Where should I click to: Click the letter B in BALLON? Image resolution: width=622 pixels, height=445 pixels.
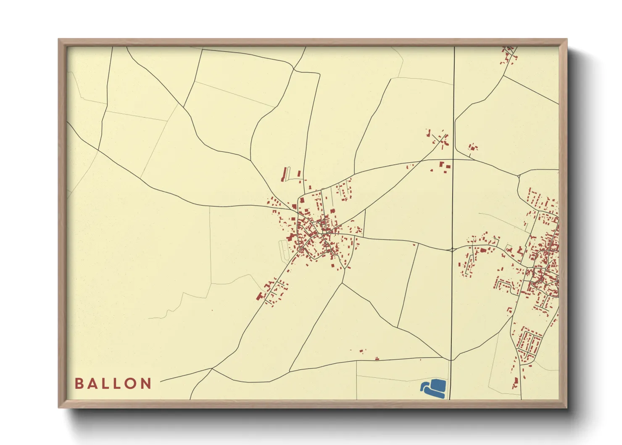point(79,383)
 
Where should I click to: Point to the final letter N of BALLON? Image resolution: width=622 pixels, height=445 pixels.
point(146,383)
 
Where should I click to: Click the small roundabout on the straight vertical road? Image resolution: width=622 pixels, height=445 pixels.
point(452,250)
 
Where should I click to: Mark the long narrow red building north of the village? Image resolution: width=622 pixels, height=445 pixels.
point(285,174)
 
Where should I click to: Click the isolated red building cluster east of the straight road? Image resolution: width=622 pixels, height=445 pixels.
point(473,147)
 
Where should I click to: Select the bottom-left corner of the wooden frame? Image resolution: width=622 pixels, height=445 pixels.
point(59,407)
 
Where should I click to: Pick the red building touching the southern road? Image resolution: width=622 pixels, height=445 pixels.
point(377,359)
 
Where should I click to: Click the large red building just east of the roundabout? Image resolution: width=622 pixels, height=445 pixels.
point(482,251)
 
